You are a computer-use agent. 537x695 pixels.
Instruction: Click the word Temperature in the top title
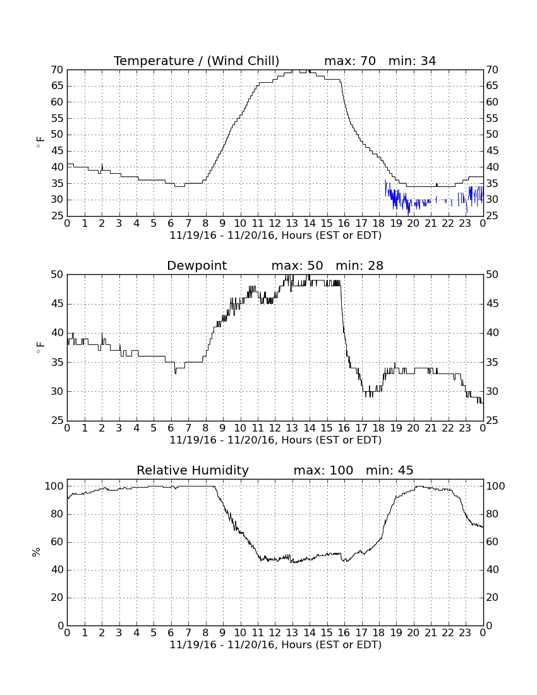(154, 61)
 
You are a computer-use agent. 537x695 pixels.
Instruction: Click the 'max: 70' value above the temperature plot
(350, 61)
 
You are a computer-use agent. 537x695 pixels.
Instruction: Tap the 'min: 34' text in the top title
(412, 61)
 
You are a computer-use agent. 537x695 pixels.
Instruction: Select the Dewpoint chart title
(196, 266)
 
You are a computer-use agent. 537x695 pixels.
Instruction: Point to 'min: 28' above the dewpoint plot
(359, 265)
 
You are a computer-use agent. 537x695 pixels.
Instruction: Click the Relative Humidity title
(193, 471)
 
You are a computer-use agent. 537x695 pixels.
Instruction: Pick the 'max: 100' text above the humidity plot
(323, 470)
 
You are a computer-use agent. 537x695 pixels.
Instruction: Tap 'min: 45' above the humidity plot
(389, 470)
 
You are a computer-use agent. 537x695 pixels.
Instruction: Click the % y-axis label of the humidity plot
(37, 552)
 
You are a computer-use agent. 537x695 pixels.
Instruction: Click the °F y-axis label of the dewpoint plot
(40, 347)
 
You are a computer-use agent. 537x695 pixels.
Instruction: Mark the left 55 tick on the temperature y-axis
(57, 118)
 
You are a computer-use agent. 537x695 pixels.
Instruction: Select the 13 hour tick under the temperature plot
(292, 223)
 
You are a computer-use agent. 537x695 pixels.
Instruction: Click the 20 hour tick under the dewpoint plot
(413, 428)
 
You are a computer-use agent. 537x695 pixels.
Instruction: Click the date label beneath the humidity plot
(275, 644)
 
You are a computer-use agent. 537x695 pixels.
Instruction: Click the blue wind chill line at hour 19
(395, 200)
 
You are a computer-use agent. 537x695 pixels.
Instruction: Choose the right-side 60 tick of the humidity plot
(492, 541)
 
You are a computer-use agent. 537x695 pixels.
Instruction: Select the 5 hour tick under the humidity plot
(154, 632)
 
